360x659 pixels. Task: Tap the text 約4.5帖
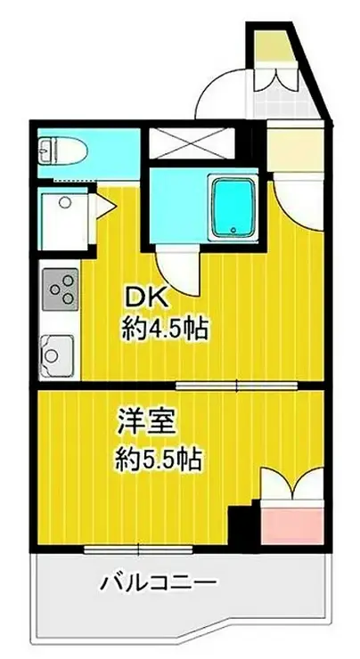click(x=166, y=330)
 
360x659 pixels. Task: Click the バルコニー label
click(x=157, y=584)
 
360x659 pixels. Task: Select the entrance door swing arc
click(x=219, y=94)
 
